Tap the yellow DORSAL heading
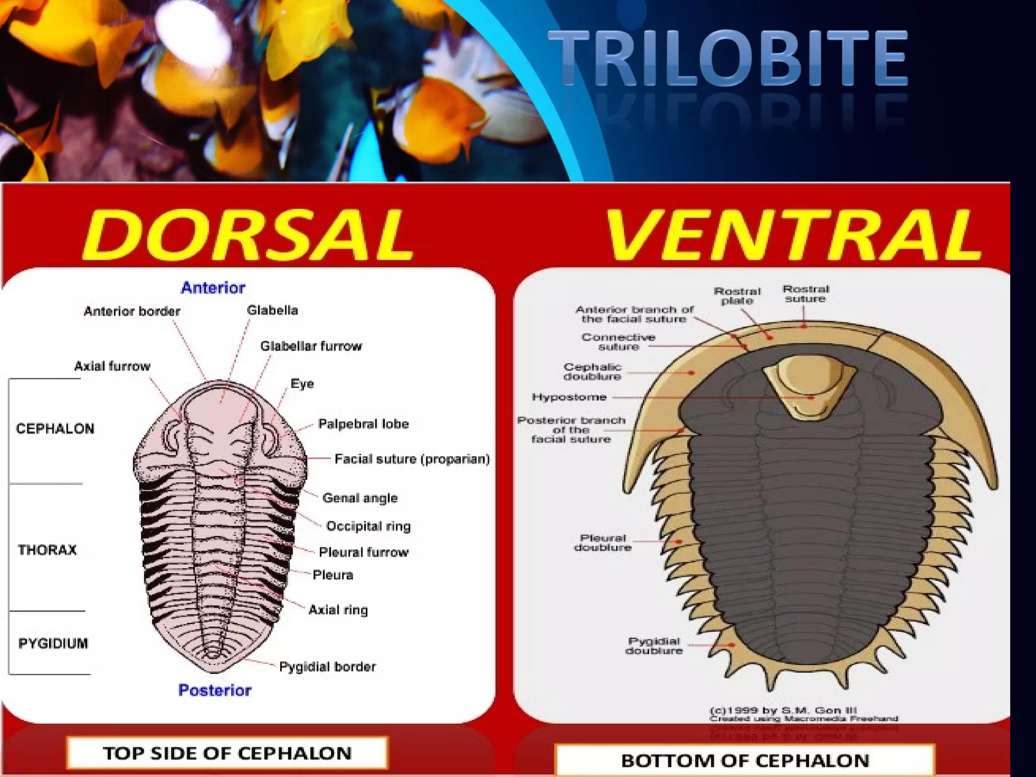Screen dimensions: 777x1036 coord(248,235)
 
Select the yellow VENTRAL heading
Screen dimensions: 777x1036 coord(792,235)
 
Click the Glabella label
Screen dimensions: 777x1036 coord(272,310)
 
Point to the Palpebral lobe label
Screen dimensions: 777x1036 coord(363,424)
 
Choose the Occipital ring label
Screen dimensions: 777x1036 coord(368,526)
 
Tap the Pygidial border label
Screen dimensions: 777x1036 coord(327,667)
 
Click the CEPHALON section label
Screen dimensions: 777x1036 coord(55,429)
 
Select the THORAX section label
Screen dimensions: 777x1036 coord(47,550)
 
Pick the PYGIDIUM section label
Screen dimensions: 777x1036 coord(53,643)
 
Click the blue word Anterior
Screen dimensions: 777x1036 coord(213,288)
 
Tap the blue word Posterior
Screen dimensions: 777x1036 coord(215,690)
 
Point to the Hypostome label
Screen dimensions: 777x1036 coord(569,397)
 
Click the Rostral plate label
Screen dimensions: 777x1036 coord(737,296)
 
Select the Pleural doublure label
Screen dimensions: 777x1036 coord(602,543)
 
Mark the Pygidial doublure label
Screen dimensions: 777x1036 coord(654,646)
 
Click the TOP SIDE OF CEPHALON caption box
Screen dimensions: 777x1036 coord(227,753)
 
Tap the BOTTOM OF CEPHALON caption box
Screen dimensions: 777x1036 coord(745,760)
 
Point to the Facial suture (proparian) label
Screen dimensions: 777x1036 coord(412,459)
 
